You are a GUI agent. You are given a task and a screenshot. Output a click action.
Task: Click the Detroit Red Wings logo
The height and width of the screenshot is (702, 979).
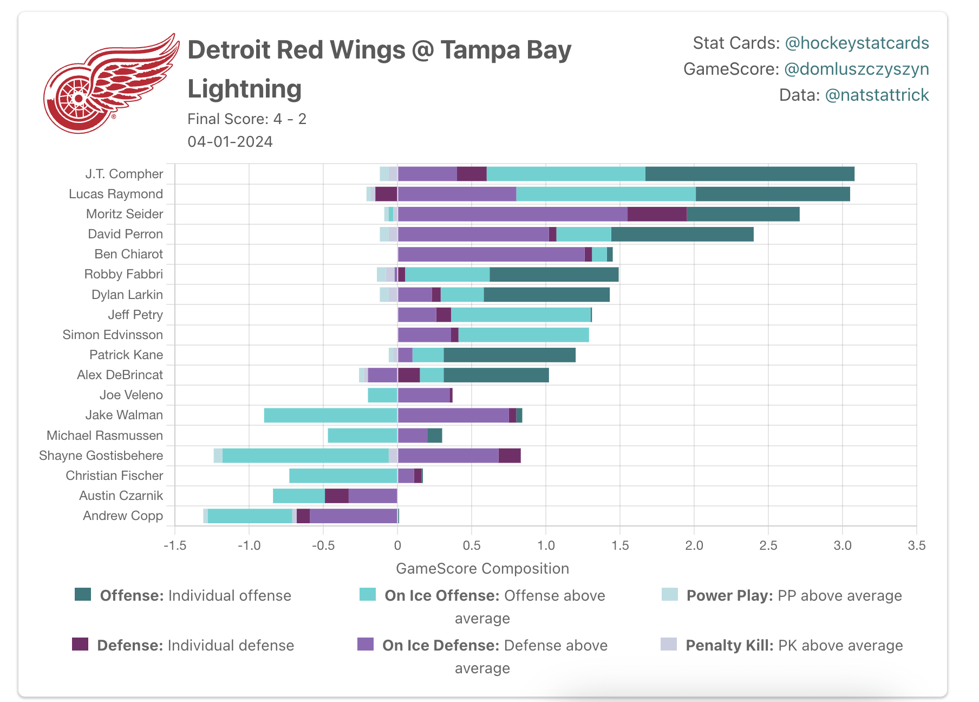[x=111, y=84]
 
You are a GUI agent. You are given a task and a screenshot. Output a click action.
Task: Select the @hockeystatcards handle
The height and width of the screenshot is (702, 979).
[x=857, y=43]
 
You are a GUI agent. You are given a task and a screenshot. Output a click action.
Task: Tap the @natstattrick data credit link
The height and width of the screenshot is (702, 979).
[x=877, y=95]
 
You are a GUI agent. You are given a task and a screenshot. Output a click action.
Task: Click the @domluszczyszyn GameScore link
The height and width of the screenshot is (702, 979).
[x=857, y=69]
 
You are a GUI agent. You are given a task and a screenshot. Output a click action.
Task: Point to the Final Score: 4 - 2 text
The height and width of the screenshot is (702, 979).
[x=247, y=119]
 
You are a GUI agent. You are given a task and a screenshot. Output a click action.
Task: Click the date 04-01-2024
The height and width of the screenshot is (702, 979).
[x=230, y=142]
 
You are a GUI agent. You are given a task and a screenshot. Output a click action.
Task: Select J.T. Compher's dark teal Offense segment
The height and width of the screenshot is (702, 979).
[x=750, y=174]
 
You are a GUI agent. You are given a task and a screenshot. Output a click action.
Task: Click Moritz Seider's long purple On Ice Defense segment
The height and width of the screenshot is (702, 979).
[x=513, y=214]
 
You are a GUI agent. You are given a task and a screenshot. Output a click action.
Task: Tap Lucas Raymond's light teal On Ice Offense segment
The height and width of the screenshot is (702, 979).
[x=606, y=194]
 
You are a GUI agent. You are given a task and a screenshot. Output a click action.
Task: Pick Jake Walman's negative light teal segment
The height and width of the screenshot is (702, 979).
[x=331, y=415]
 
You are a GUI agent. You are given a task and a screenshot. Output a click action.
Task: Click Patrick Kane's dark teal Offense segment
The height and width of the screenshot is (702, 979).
[x=510, y=355]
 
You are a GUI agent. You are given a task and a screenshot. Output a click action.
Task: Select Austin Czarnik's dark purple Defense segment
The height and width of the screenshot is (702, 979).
[x=337, y=496]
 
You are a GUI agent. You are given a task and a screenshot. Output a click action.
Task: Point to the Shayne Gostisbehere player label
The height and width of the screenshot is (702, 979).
[x=101, y=456]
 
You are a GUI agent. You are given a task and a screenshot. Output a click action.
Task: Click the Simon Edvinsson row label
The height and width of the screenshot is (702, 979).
[x=113, y=335]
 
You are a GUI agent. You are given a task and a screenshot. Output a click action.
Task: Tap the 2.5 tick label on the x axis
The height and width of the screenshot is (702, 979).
[x=768, y=545]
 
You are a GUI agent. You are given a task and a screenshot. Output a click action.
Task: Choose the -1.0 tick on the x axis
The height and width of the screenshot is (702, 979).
[x=249, y=545]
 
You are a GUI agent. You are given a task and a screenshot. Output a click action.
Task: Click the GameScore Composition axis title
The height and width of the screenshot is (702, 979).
[x=482, y=569]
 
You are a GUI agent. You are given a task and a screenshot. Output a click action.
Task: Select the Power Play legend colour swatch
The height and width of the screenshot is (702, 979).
[x=670, y=595]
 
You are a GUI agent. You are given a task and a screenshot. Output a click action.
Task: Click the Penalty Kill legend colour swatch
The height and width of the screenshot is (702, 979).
[x=669, y=644]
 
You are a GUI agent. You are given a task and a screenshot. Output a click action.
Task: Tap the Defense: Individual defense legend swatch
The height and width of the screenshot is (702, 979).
[x=80, y=644]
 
